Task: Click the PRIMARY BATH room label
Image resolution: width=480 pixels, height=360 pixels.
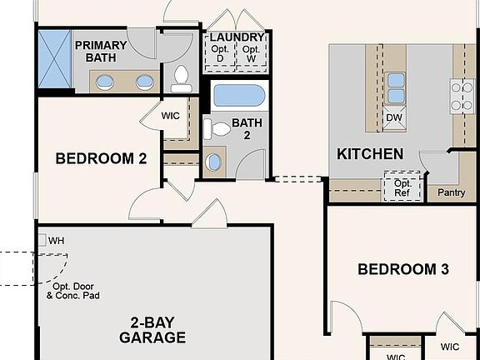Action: [101, 52]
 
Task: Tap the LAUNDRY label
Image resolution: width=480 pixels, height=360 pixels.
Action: [237, 37]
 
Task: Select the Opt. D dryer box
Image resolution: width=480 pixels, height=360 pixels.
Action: [220, 53]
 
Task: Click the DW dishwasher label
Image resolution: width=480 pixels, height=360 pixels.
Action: [395, 117]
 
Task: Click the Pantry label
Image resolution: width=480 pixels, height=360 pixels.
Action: [452, 192]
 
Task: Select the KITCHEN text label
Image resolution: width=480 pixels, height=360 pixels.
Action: [370, 154]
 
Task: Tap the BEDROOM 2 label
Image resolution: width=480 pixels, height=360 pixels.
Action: [101, 158]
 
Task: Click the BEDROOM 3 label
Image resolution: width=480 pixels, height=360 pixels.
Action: [403, 269]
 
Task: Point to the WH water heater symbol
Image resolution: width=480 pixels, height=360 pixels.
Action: [42, 240]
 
